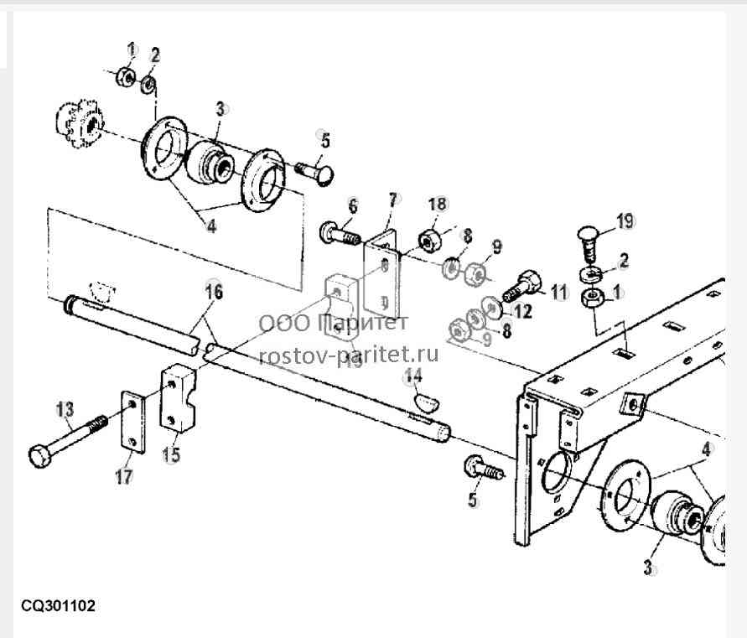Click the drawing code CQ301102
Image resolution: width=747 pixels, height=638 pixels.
click(x=58, y=606)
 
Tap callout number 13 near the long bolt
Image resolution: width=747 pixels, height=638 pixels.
click(x=65, y=409)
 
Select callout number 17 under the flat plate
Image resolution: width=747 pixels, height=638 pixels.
click(x=123, y=476)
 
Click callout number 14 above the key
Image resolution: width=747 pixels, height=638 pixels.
click(x=412, y=376)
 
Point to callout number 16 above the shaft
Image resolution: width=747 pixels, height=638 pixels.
click(x=215, y=292)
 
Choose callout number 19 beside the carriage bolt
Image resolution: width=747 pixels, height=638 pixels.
click(x=625, y=221)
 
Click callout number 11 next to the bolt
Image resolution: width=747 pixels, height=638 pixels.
click(x=560, y=292)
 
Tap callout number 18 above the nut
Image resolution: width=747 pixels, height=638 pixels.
click(x=438, y=204)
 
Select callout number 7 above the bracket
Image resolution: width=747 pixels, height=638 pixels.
click(x=393, y=200)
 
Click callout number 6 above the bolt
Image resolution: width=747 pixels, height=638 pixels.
click(x=352, y=207)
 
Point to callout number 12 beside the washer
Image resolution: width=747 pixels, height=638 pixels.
click(x=522, y=312)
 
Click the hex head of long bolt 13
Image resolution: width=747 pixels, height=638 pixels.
click(x=39, y=456)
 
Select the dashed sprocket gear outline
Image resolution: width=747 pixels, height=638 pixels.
click(x=80, y=123)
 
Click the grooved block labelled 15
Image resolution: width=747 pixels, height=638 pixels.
click(x=178, y=398)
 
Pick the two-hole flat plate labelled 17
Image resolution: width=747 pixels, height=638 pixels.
click(x=132, y=422)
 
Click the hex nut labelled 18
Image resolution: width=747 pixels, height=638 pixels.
click(x=430, y=241)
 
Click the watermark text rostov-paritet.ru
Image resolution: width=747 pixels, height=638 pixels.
click(x=348, y=355)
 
